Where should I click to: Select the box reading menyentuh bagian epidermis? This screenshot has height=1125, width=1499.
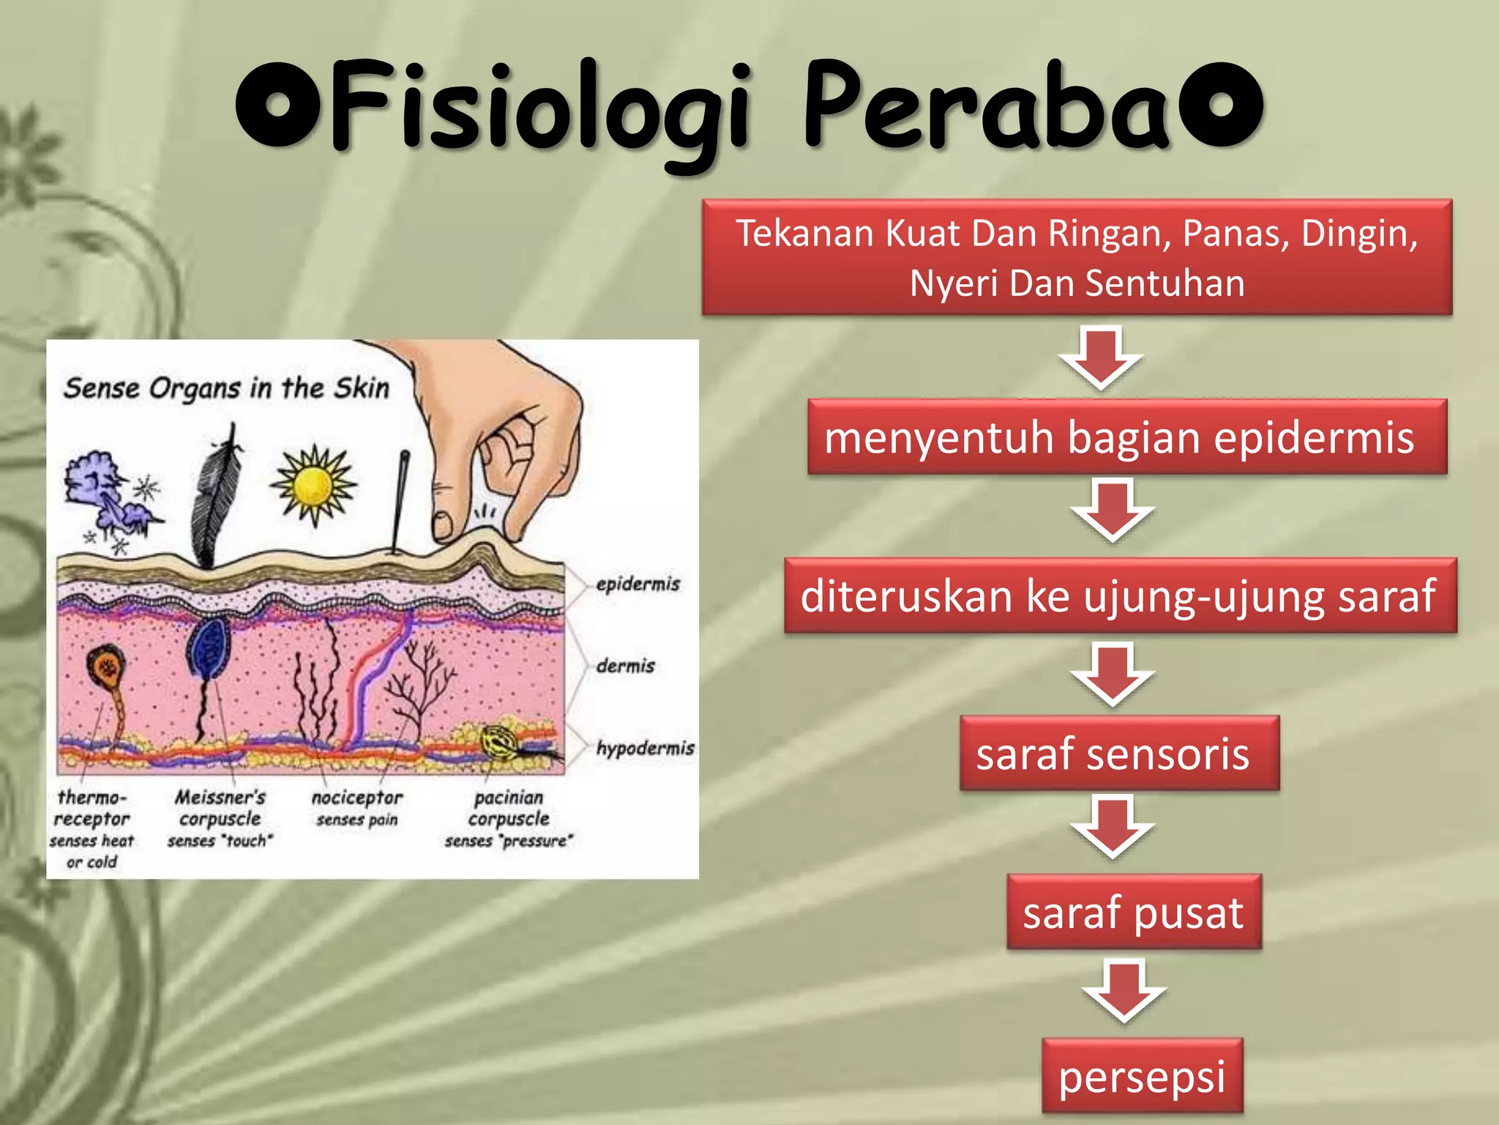1127,437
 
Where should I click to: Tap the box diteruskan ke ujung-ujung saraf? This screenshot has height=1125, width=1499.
1120,595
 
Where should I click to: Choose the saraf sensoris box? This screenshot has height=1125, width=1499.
1120,753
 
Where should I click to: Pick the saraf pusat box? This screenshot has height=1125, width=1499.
1134,912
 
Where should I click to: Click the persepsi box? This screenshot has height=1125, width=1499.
1142,1076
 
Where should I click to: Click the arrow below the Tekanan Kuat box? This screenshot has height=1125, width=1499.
1100,357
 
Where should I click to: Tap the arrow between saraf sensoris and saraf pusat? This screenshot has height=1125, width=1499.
1113,828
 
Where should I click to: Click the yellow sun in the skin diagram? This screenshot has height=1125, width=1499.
314,486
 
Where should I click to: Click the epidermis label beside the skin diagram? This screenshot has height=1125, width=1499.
638,584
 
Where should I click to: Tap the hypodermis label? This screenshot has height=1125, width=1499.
645,748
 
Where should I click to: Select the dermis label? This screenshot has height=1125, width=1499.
625,666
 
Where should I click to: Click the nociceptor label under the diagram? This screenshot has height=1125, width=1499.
357,798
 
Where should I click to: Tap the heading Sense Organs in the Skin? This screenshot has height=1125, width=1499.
226,388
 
